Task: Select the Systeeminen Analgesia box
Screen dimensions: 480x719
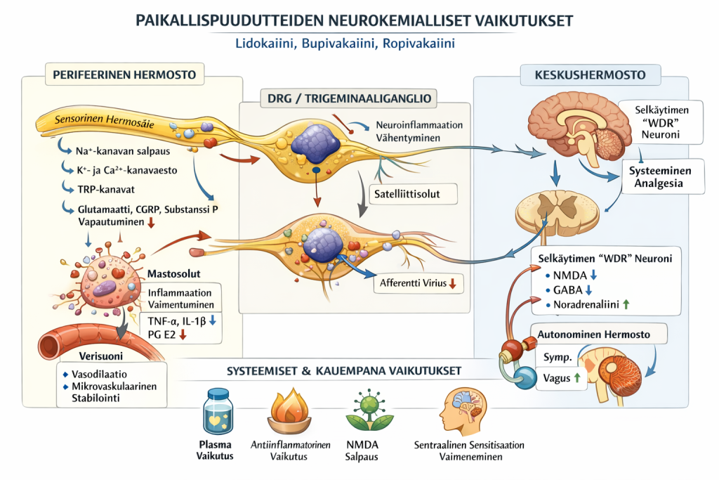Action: click(x=659, y=178)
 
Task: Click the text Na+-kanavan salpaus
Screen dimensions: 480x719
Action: click(x=117, y=150)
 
